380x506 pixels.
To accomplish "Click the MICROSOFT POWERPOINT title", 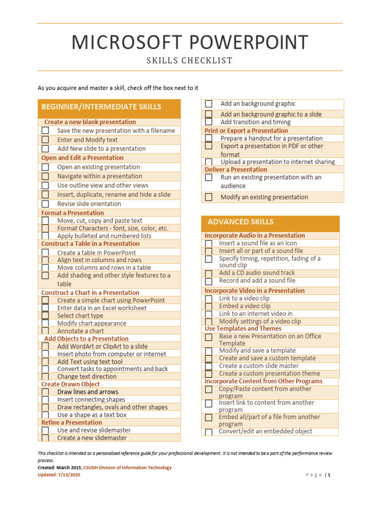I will tap(190, 42).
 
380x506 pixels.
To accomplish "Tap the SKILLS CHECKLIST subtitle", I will tap(190, 61).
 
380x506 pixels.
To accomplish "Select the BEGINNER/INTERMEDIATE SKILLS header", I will tap(101, 107).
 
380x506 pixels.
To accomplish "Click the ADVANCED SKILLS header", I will tap(240, 222).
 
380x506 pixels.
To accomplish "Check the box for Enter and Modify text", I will tap(46, 140).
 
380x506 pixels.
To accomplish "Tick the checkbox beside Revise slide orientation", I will tap(46, 204).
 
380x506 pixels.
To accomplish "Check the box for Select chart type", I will tap(46, 315).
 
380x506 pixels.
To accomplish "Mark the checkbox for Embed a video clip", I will tap(209, 306).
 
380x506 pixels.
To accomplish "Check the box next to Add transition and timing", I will tap(209, 122).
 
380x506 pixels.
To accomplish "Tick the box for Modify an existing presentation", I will tap(209, 197).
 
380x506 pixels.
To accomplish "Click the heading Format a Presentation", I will tap(72, 213).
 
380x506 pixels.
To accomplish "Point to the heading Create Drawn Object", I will tap(70, 384).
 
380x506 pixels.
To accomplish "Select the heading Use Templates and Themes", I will tap(243, 329).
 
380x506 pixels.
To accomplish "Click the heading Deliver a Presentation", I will tap(236, 169).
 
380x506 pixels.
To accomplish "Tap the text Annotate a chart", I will tap(81, 331).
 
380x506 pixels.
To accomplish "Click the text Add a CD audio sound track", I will tap(257, 273).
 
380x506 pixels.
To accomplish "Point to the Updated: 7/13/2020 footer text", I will tap(59, 475).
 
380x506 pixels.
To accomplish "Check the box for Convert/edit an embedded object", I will tap(209, 432).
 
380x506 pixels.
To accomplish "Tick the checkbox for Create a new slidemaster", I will tap(46, 438).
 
